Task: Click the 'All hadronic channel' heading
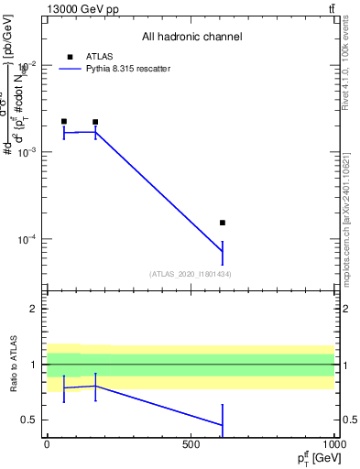tap(191, 37)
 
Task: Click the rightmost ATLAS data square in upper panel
tap(223, 223)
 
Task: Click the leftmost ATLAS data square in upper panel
tap(64, 121)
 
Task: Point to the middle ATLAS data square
tap(95, 122)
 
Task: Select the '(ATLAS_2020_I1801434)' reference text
tap(190, 274)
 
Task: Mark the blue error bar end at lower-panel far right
tap(223, 437)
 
